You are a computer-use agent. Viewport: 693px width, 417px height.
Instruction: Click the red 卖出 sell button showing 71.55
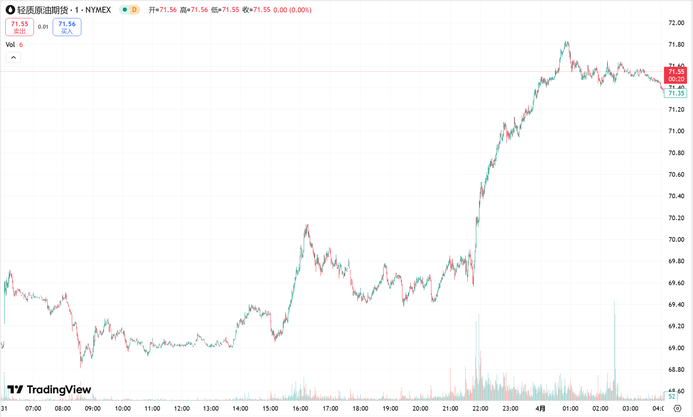tap(19, 27)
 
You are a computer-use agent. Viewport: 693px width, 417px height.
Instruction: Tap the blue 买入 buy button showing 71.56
tap(67, 27)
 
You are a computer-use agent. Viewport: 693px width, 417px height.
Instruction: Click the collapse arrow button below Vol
tap(13, 57)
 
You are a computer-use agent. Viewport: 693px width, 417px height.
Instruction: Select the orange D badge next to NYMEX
tap(134, 10)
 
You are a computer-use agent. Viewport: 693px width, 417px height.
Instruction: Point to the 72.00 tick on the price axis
tap(676, 23)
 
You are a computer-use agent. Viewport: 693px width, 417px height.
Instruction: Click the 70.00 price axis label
tap(676, 240)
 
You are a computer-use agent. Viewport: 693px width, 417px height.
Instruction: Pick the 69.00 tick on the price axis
tap(676, 348)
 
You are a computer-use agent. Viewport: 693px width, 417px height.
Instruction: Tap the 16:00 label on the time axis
tap(300, 409)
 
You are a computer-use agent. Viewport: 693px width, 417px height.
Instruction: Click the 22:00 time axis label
tap(480, 409)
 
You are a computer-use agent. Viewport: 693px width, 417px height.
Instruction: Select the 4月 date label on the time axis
tap(540, 409)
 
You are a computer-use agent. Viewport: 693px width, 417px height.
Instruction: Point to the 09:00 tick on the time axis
tap(93, 409)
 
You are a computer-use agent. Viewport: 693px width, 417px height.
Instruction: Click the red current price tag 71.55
tap(676, 75)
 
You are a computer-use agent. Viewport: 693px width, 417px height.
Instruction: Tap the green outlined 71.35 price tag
tap(676, 93)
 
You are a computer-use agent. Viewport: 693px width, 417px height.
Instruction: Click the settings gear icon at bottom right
tap(677, 409)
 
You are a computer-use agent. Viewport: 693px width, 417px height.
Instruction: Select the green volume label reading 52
tap(671, 397)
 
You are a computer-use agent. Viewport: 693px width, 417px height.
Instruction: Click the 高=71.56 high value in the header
tap(194, 10)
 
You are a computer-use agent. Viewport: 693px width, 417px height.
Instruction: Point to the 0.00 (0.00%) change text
tap(292, 10)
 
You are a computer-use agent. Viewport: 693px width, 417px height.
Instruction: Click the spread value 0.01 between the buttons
tap(43, 27)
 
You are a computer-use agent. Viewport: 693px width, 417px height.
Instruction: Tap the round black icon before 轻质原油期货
tap(11, 10)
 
